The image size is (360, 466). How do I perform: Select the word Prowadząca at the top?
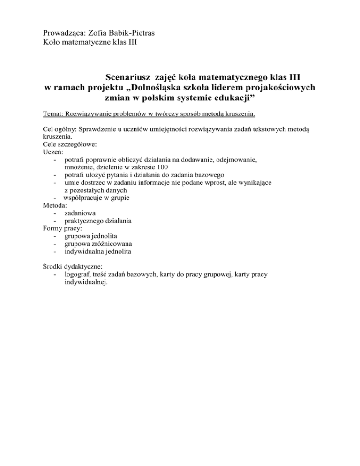(63, 33)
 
